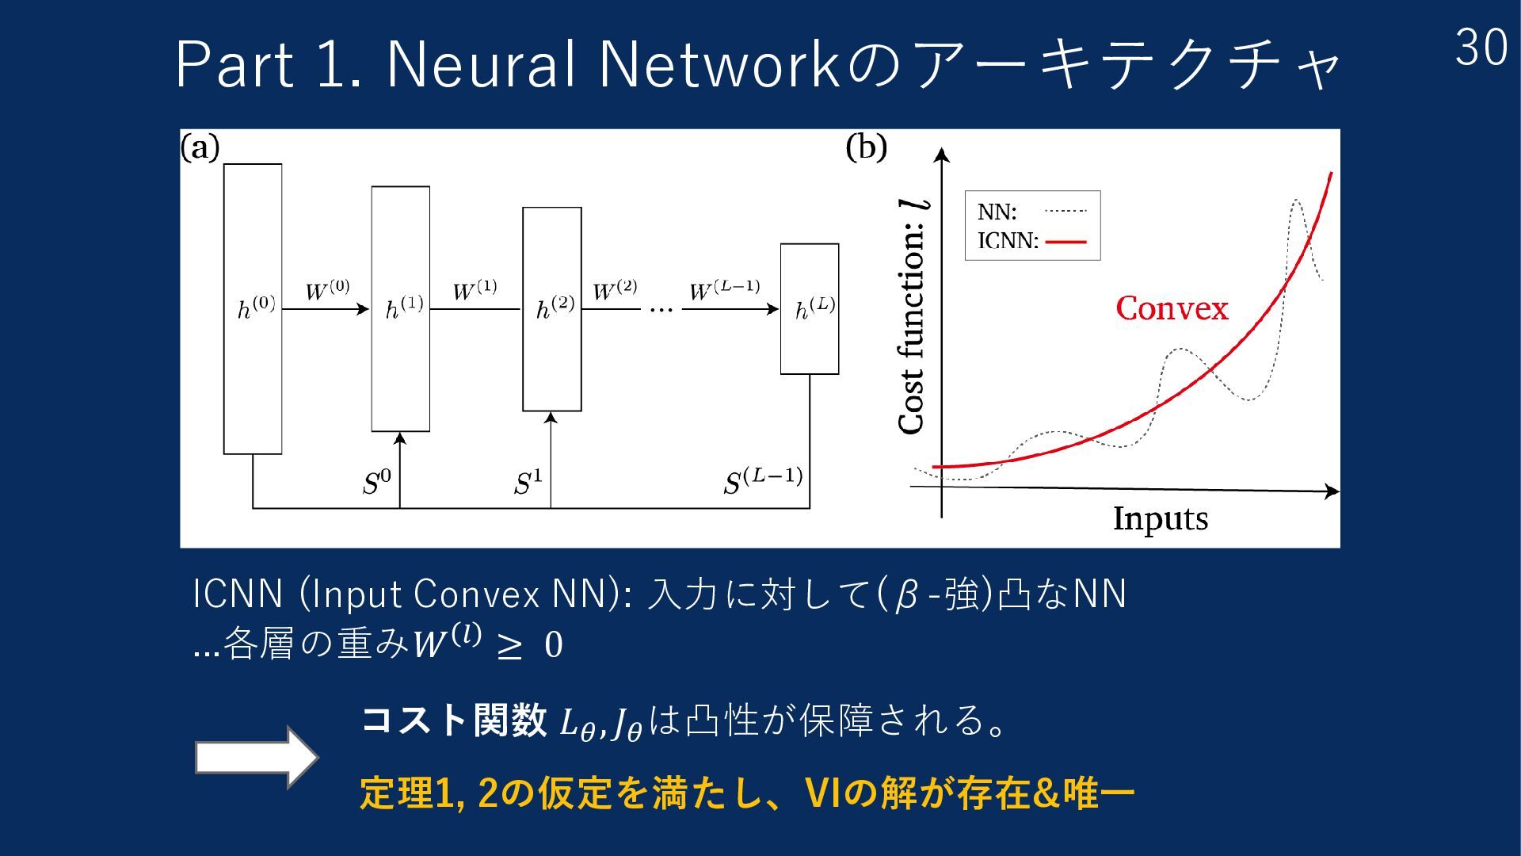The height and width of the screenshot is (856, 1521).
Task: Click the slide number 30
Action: [x=1481, y=48]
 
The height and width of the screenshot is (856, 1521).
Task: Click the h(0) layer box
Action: [x=253, y=308]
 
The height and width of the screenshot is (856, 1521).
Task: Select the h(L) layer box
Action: [x=810, y=308]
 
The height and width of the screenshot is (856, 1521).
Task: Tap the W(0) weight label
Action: [x=327, y=290]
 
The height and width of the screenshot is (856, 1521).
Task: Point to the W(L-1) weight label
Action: [x=724, y=290]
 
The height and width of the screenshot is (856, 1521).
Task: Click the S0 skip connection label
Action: [x=376, y=481]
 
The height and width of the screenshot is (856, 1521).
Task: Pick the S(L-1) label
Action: [x=763, y=480]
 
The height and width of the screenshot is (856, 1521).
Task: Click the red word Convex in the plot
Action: [x=1172, y=308]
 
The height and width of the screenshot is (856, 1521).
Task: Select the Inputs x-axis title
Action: [x=1161, y=518]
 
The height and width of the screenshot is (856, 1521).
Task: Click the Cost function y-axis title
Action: [x=912, y=317]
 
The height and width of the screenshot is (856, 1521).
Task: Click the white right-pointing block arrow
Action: [x=256, y=757]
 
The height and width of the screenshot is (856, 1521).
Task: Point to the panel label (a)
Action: [x=200, y=147]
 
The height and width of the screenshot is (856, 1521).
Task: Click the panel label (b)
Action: [x=866, y=147]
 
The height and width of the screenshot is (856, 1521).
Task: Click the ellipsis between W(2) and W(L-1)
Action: [x=661, y=310]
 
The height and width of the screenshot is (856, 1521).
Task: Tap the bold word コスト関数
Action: [x=453, y=720]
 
